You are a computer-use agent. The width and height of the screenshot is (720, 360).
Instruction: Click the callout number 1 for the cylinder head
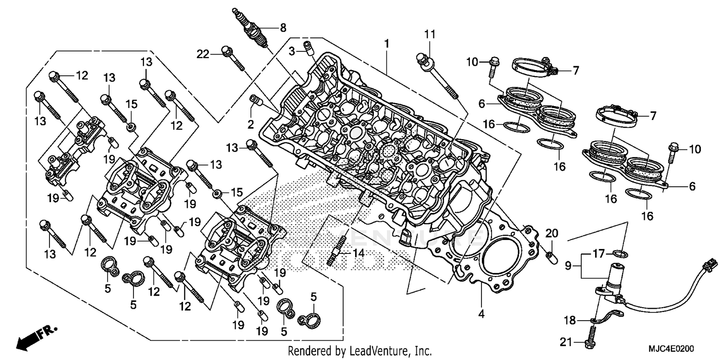coord(386,44)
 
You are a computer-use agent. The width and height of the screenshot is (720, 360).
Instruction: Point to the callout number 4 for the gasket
coord(481,314)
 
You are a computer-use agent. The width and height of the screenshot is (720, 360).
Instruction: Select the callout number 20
coord(552,234)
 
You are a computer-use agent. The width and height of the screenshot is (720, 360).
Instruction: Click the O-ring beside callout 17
coord(621,253)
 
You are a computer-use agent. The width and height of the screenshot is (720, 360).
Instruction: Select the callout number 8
coord(283,27)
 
